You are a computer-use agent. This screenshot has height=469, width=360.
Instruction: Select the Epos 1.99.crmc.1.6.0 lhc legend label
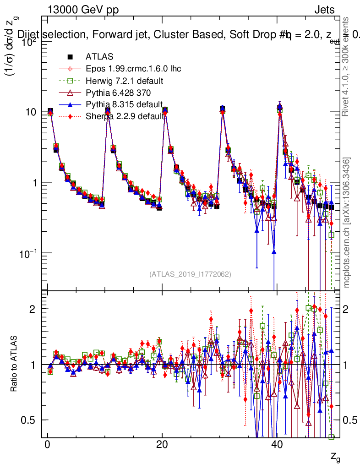[133, 69]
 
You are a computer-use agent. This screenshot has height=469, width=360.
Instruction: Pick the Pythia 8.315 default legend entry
[124, 104]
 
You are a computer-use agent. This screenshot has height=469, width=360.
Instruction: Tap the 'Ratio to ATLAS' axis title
[15, 365]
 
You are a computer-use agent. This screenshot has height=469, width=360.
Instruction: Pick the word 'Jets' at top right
[324, 10]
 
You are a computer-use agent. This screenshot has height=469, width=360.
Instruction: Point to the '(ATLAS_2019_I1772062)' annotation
[190, 274]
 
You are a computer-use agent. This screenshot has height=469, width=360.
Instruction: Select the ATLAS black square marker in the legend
[70, 57]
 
